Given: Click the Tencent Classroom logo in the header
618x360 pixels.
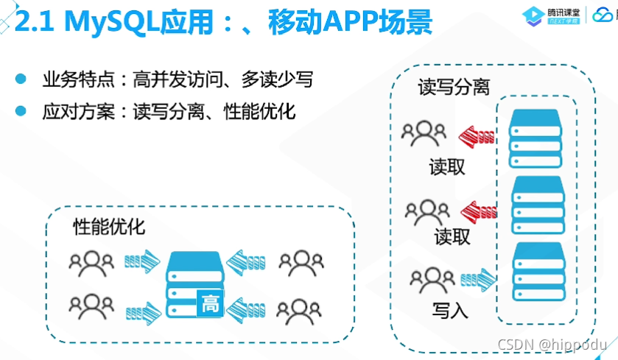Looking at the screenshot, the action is [549, 15].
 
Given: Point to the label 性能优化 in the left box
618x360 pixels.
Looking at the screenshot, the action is [109, 227].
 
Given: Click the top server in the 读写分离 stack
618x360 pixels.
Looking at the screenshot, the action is [536, 136].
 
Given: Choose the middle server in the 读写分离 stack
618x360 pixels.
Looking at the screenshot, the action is [536, 202].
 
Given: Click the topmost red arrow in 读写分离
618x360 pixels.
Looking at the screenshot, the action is [476, 135].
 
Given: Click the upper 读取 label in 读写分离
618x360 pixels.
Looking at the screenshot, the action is [447, 166].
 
